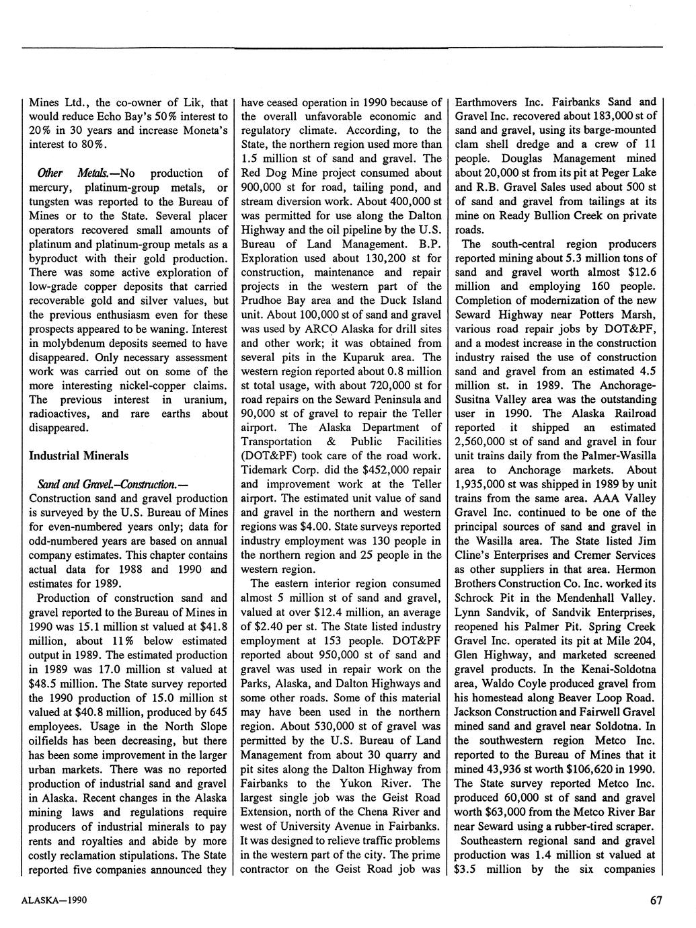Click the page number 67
pyautogui.click(x=657, y=900)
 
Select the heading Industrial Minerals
pyautogui.click(x=79, y=455)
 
